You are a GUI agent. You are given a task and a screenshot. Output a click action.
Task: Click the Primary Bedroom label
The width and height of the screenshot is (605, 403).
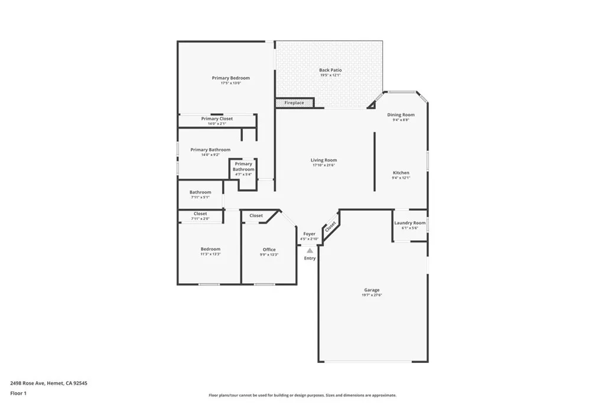pyautogui.click(x=230, y=78)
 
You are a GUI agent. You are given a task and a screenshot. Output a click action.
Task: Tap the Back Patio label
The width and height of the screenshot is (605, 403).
pyautogui.click(x=330, y=70)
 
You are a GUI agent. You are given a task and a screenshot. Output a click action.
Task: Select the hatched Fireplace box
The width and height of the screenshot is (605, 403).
pyautogui.click(x=294, y=103)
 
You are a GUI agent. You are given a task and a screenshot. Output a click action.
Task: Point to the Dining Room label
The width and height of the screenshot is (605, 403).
pyautogui.click(x=401, y=114)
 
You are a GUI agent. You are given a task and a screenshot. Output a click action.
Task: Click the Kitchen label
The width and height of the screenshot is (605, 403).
pyautogui.click(x=401, y=173)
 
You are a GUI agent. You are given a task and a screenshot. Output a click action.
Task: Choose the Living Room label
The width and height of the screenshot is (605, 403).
pyautogui.click(x=324, y=160)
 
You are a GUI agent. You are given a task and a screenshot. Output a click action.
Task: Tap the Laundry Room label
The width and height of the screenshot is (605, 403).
pyautogui.click(x=409, y=223)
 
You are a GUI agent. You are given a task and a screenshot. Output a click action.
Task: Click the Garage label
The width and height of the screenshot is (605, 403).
pyautogui.click(x=372, y=290)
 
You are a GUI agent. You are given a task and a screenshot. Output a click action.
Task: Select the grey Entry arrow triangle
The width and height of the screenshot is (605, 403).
pyautogui.click(x=310, y=251)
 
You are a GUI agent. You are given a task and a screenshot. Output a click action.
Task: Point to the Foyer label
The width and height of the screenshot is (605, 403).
pyautogui.click(x=310, y=234)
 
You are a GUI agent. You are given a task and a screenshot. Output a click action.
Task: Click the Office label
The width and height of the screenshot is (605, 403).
pyautogui.click(x=269, y=250)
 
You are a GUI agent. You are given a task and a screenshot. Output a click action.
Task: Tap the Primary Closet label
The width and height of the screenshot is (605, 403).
pyautogui.click(x=217, y=119)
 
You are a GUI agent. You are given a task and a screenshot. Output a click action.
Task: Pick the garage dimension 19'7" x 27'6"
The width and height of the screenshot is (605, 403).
pyautogui.click(x=372, y=295)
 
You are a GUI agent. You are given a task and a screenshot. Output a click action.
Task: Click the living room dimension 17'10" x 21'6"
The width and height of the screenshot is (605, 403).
pyautogui.click(x=324, y=165)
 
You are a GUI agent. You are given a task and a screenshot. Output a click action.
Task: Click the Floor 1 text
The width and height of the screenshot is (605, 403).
pyautogui.click(x=18, y=392)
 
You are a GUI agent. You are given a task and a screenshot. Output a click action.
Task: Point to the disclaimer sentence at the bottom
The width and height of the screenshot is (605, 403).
pyautogui.click(x=302, y=395)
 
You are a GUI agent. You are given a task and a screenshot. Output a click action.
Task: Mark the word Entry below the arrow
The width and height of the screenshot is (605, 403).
pyautogui.click(x=310, y=258)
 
